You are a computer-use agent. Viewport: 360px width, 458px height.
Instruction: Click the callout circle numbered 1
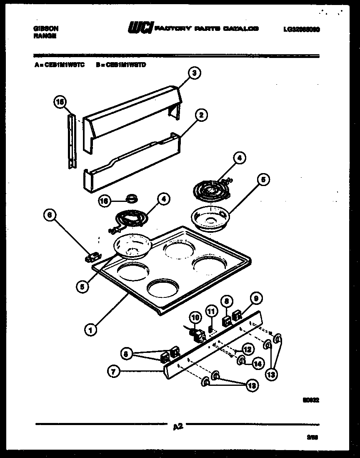[90, 330]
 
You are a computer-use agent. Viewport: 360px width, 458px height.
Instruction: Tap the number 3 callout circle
[193, 73]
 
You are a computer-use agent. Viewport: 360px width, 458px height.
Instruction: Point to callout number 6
[50, 215]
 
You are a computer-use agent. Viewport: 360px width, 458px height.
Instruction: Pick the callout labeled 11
[211, 311]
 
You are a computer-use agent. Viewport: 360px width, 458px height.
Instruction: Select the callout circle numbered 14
[258, 364]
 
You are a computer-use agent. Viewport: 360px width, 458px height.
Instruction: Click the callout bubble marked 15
[60, 101]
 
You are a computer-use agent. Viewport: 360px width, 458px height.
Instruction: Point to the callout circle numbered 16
[104, 201]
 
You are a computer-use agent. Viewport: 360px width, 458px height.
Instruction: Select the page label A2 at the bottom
[177, 426]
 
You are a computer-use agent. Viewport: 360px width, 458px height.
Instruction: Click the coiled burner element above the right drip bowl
[211, 190]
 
